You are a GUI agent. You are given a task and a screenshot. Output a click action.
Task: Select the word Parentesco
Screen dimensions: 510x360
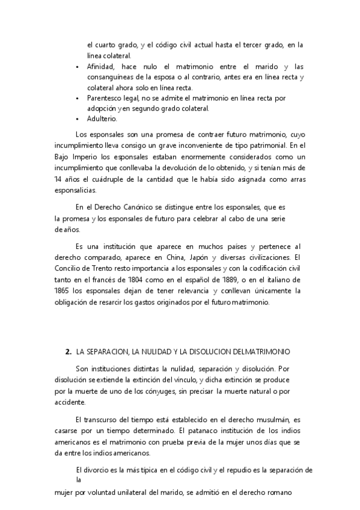tap(106, 97)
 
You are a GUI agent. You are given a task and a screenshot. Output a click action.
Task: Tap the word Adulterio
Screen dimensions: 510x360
tap(101, 119)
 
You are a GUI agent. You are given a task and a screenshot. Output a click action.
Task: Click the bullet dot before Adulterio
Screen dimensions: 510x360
tap(77, 119)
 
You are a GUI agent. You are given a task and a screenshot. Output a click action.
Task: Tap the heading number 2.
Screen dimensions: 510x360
tap(68, 351)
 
